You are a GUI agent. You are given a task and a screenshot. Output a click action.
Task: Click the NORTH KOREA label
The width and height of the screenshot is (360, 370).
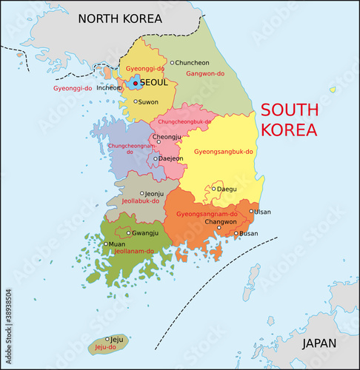coord(121,18)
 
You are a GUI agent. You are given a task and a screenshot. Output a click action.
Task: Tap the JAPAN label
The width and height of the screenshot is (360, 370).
coord(319,343)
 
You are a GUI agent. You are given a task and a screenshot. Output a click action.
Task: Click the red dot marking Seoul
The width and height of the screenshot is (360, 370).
coord(135,83)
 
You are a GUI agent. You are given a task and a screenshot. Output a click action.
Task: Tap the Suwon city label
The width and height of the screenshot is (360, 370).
coord(148,101)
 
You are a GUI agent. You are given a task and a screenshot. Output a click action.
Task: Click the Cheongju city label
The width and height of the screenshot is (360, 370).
coord(166,137)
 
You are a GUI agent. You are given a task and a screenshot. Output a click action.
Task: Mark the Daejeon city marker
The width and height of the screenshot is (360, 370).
coord(156,158)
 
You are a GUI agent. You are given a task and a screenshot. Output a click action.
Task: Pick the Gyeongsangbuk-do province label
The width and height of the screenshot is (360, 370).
coord(224,152)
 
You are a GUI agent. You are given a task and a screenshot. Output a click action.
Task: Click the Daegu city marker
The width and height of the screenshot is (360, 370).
coord(214,189)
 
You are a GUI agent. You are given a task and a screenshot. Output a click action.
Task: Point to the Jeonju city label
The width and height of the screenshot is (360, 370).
coord(154,194)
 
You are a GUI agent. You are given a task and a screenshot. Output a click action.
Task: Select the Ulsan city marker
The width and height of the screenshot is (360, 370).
coord(251,212)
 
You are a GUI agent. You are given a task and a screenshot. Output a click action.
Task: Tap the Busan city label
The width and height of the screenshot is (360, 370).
coord(249,234)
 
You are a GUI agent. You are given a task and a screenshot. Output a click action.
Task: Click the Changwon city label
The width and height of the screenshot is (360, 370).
coord(220,221)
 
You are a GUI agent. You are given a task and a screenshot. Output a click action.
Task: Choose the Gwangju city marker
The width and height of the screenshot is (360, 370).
coord(129,233)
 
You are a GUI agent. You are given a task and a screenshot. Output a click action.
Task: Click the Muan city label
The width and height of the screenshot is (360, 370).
coord(117,243)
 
